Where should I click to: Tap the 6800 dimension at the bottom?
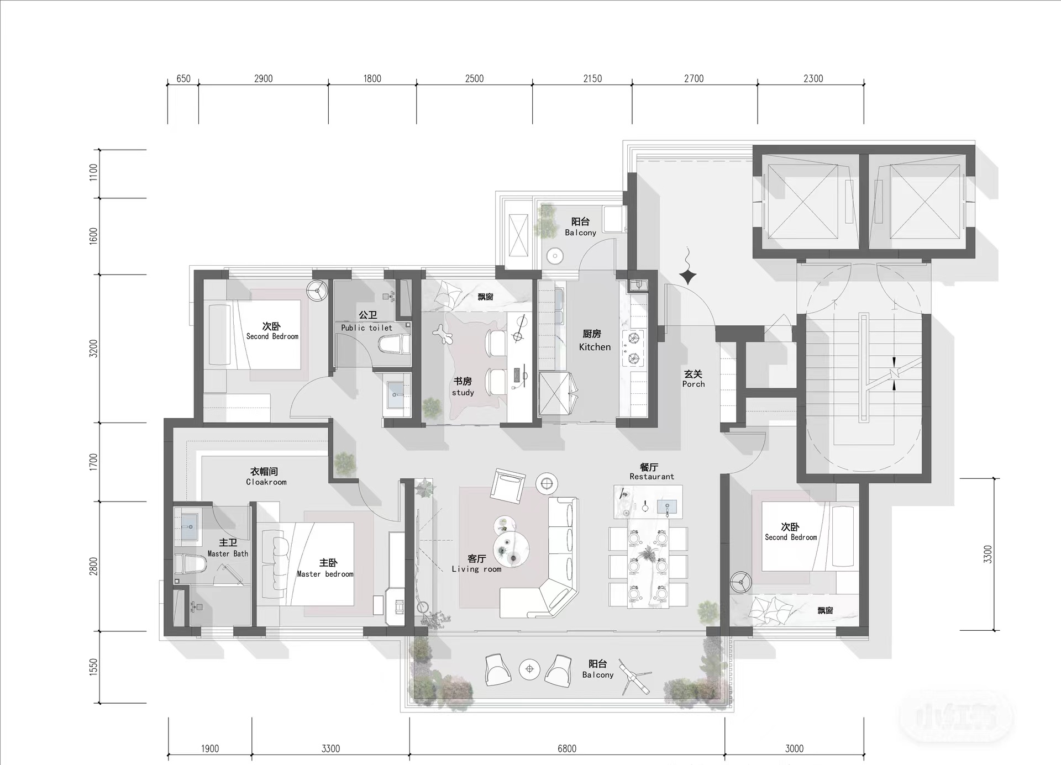coord(567,748)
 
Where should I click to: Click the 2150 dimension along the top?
coord(592,78)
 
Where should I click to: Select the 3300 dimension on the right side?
coord(988,554)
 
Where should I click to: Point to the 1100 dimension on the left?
coord(93,172)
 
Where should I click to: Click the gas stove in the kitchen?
coord(633,348)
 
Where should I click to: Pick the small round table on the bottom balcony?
coord(530,669)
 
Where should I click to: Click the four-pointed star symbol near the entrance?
coord(687,276)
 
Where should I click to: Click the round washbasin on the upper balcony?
coord(554,256)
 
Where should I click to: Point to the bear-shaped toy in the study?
coord(444,335)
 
